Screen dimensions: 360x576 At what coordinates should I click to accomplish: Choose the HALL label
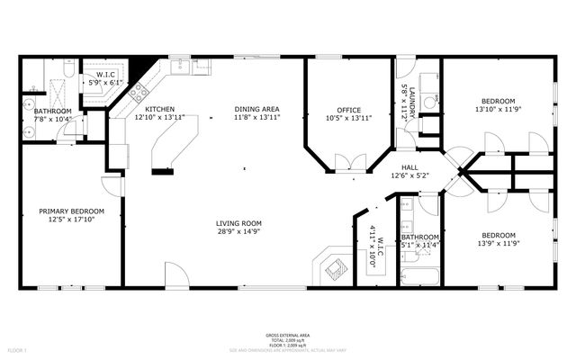pos(409,166)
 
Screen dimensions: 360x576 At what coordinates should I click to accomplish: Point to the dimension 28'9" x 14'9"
pos(238,231)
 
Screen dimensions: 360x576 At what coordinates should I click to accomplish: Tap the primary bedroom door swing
pos(112,184)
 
